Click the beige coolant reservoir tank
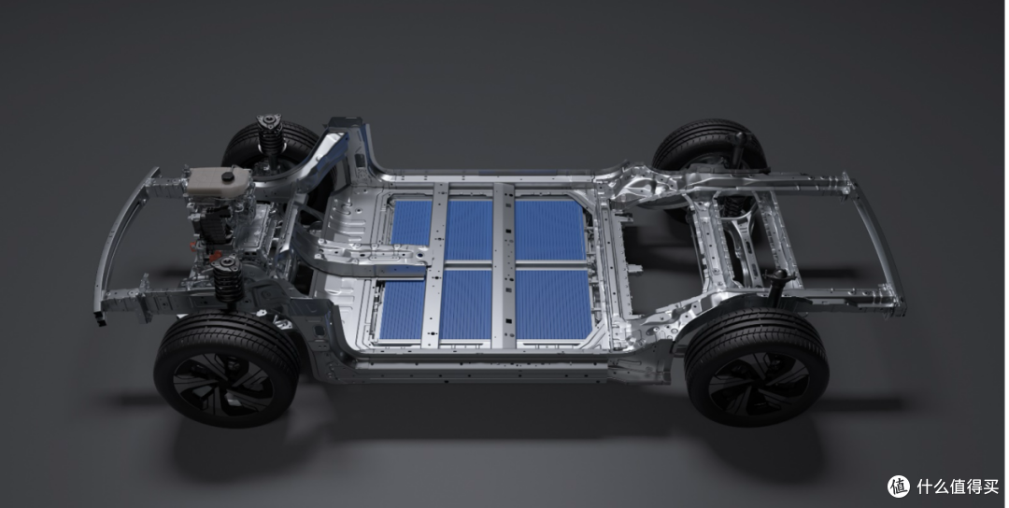[219, 180]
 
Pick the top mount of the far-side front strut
[269, 121]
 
